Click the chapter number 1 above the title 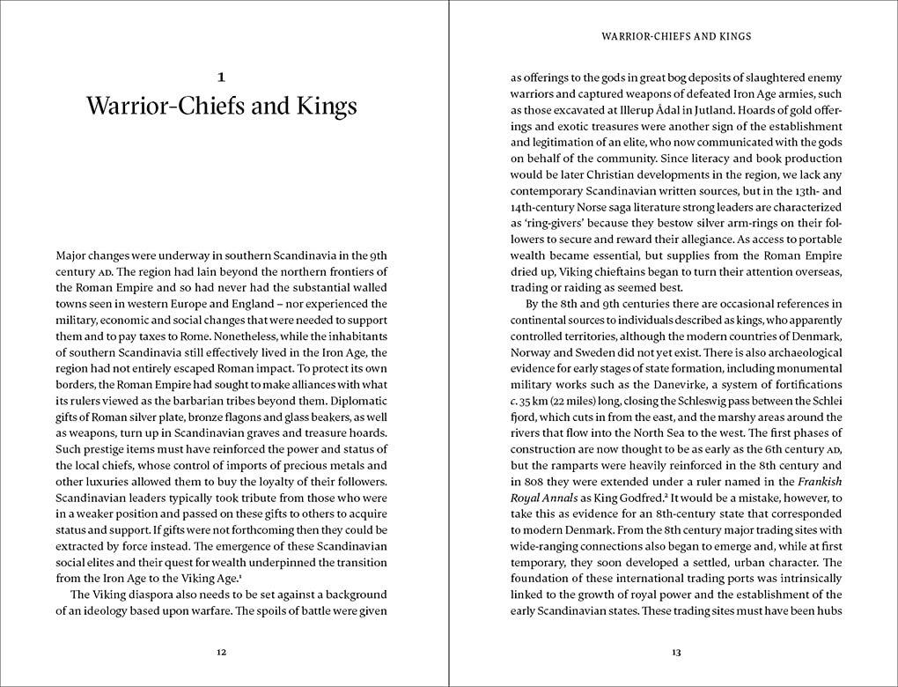[x=221, y=78]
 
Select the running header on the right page [x=675, y=37]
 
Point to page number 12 [x=221, y=653]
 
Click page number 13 [x=676, y=653]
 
